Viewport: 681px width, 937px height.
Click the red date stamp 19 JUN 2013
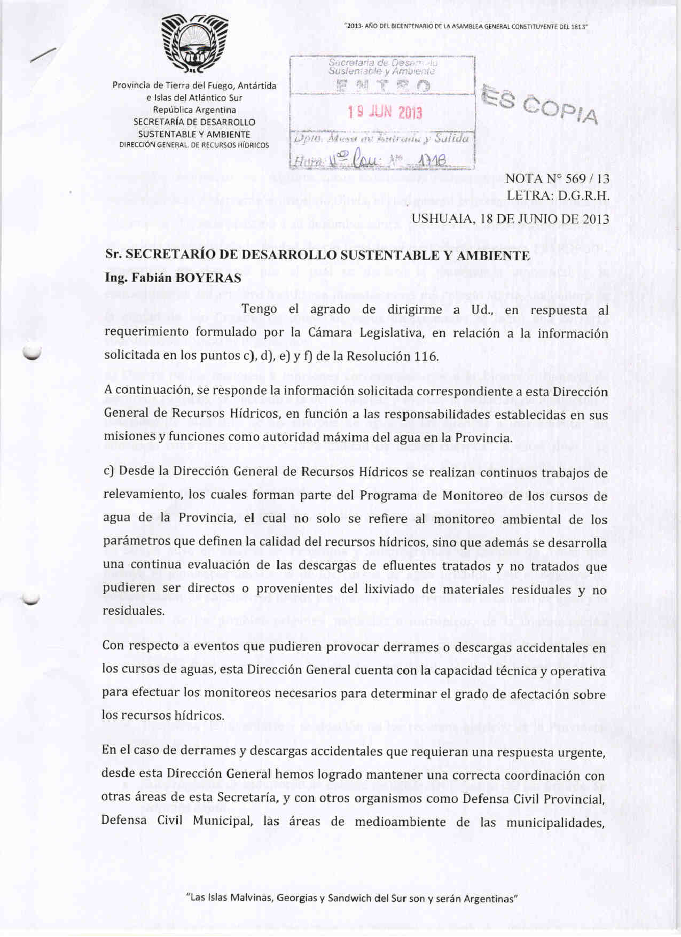coord(385,112)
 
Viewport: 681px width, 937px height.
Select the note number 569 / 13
coord(587,179)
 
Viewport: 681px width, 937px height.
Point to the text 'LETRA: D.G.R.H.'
coord(558,196)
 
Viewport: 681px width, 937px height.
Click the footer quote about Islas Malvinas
coord(352,898)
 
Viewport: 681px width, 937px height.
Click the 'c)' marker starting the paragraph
coord(109,471)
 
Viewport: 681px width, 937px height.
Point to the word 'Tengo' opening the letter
coord(259,309)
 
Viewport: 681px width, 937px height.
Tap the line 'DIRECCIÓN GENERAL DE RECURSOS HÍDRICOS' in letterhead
coord(194,145)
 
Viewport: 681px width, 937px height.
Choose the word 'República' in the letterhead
coord(173,110)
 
